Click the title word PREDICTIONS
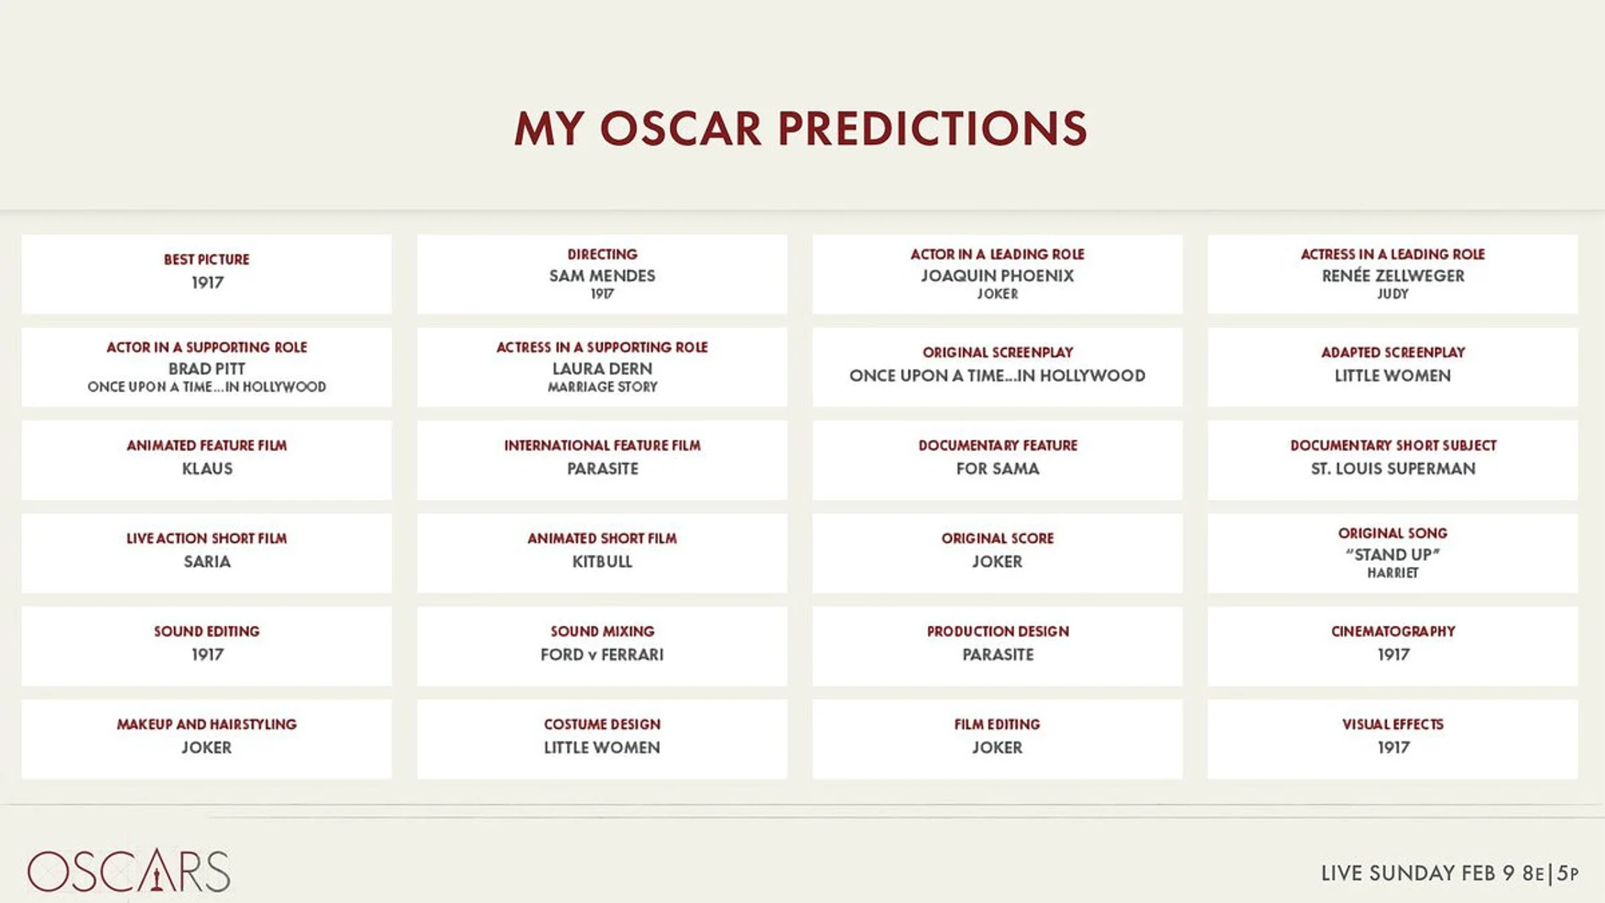tap(932, 128)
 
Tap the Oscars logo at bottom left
tap(128, 871)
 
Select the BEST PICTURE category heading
tap(207, 259)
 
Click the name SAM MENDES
tap(602, 275)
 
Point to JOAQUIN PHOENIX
tap(998, 275)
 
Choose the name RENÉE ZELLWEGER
tap(1393, 275)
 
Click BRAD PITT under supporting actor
tap(207, 368)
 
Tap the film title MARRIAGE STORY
tap(602, 387)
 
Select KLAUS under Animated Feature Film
tap(207, 468)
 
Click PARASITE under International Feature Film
tap(602, 468)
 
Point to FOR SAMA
tap(998, 468)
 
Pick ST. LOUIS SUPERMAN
tap(1393, 468)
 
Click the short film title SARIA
tap(207, 561)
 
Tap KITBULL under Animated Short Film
tap(602, 561)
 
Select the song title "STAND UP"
tap(1393, 554)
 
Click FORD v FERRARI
tap(602, 654)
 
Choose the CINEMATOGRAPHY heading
tap(1393, 631)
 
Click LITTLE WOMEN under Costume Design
tap(602, 747)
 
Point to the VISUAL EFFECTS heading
tap(1393, 724)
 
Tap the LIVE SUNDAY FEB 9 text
tap(1418, 873)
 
